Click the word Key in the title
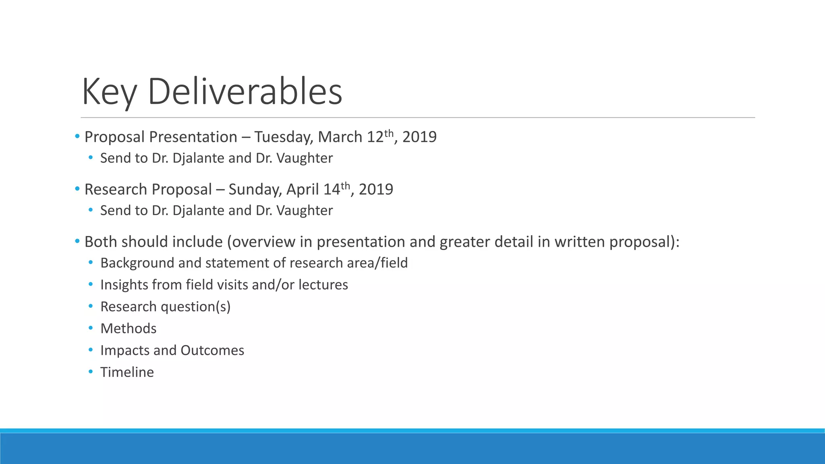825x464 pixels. click(109, 92)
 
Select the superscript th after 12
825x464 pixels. click(388, 133)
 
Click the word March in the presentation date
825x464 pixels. click(340, 137)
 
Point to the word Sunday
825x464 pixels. click(255, 190)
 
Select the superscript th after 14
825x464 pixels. click(345, 185)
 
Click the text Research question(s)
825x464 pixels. click(165, 307)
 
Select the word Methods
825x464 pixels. click(128, 329)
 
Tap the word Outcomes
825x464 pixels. click(212, 350)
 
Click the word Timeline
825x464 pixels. click(127, 372)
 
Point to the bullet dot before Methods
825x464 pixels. click(91, 328)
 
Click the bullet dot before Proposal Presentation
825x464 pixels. click(77, 137)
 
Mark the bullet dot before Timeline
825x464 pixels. click(91, 372)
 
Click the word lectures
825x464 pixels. click(323, 285)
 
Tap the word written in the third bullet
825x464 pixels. click(580, 242)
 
